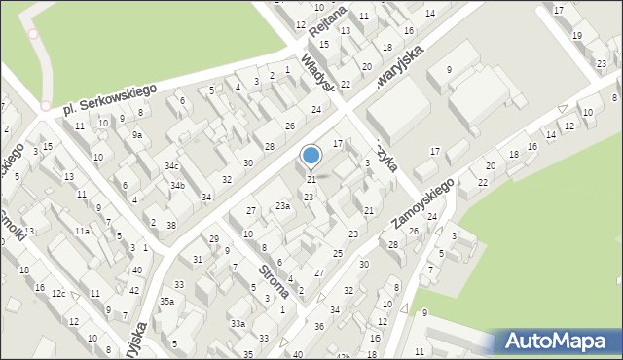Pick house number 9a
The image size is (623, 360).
tap(138, 136)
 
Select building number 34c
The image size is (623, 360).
tap(171, 167)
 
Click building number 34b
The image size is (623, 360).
tap(177, 186)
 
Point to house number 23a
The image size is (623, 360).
tap(282, 206)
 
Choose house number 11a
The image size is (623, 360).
tap(83, 232)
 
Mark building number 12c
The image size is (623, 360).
tap(59, 294)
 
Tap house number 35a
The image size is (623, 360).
tap(167, 302)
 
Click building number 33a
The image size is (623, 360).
tap(238, 323)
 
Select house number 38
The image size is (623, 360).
tap(171, 225)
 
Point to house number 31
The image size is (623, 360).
tap(198, 259)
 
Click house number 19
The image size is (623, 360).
tap(577, 36)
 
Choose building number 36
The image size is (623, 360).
tap(319, 326)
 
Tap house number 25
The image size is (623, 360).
tap(338, 254)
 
